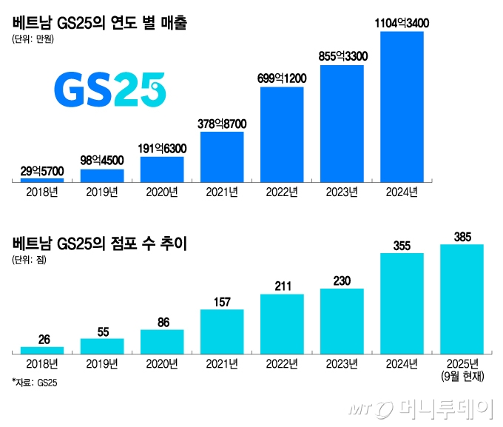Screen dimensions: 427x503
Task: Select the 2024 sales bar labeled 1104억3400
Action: click(x=402, y=106)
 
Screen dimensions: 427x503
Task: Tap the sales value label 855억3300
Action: click(x=342, y=56)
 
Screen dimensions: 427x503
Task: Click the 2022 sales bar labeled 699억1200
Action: click(x=282, y=134)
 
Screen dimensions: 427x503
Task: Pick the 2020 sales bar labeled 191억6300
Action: click(x=162, y=169)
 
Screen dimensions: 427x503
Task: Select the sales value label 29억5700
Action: click(x=42, y=172)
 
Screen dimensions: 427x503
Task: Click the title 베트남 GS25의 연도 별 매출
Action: click(x=99, y=23)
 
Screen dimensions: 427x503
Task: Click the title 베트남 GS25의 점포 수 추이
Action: click(x=99, y=243)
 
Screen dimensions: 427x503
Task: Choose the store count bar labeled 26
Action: click(x=42, y=350)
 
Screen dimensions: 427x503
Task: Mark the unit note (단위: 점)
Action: click(x=29, y=260)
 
